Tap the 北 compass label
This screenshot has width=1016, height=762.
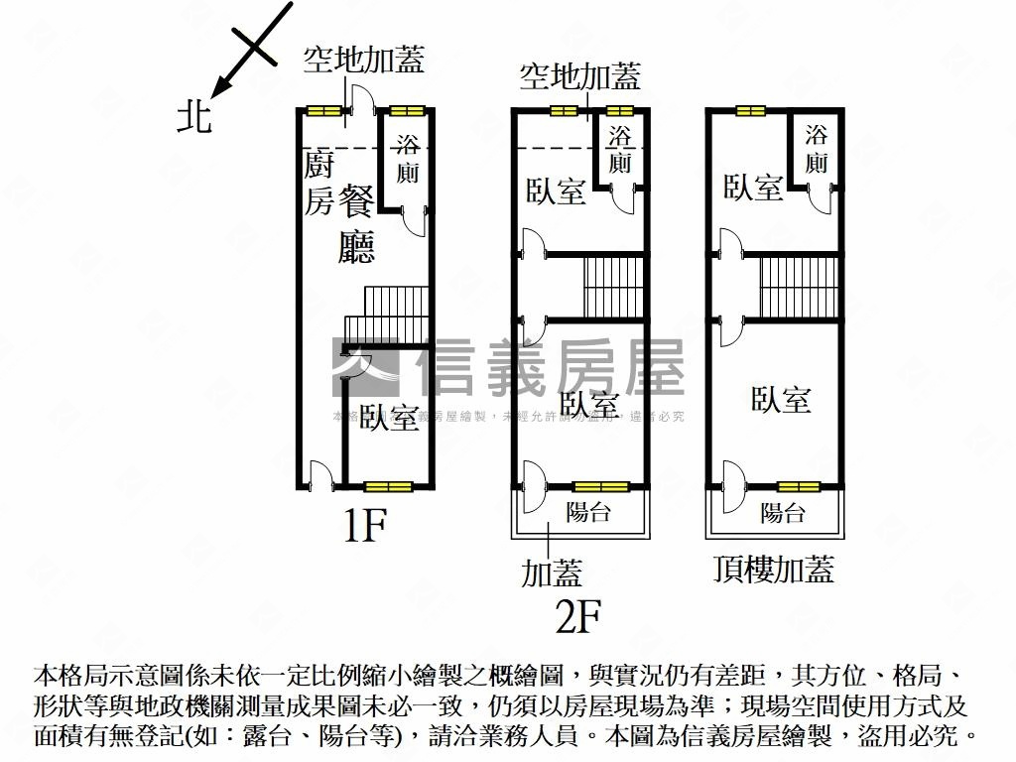tap(194, 117)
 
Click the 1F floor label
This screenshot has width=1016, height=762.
tap(363, 527)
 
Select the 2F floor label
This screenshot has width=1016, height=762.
tap(578, 618)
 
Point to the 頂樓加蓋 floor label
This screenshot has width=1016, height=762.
tap(773, 569)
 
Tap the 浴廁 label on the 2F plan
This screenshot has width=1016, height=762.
tap(620, 149)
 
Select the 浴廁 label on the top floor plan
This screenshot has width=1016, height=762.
tap(816, 148)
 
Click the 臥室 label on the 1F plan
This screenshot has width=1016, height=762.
tap(388, 418)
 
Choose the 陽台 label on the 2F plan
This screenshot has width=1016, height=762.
tap(588, 513)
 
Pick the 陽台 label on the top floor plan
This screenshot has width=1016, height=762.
tap(783, 513)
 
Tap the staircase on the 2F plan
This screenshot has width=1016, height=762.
tap(614, 287)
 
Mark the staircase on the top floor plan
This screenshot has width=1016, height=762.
tap(800, 287)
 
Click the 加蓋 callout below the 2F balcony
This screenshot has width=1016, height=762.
tap(552, 572)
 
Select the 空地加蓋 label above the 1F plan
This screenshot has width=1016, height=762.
tap(364, 61)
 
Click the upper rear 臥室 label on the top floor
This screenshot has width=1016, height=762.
tap(753, 188)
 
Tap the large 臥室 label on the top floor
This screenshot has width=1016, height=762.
tap(781, 400)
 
